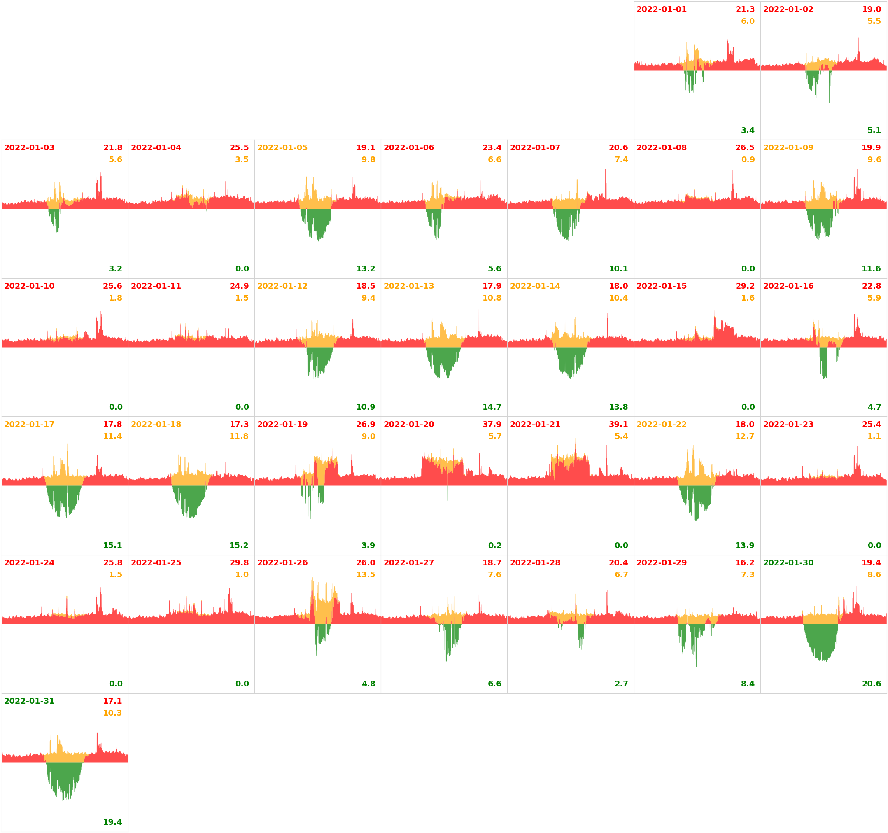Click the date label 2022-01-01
click(x=661, y=9)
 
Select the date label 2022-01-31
click(x=29, y=701)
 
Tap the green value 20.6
click(x=871, y=684)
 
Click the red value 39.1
click(x=618, y=424)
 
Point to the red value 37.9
click(x=492, y=424)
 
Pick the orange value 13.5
click(x=366, y=574)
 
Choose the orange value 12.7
click(x=745, y=436)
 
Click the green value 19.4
click(x=112, y=822)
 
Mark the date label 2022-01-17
click(x=29, y=424)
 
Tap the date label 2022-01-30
click(x=788, y=562)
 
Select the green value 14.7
click(x=492, y=407)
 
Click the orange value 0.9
click(x=748, y=159)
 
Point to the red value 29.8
click(x=239, y=562)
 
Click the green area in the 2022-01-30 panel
click(x=821, y=639)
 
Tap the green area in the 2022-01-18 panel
click(x=189, y=498)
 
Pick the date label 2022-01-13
click(x=409, y=286)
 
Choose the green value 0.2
click(x=494, y=545)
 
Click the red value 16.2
click(x=745, y=562)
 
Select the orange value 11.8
click(x=239, y=436)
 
